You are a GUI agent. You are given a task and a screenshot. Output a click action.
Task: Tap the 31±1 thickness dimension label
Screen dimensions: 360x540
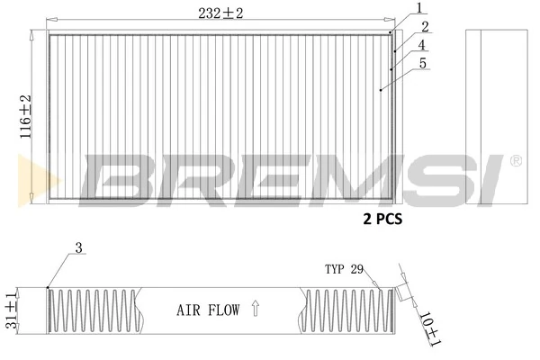pos(12,310)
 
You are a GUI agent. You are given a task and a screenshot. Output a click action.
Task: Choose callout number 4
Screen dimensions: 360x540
pos(422,45)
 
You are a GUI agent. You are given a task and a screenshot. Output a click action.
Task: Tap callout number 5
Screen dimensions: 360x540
pos(422,63)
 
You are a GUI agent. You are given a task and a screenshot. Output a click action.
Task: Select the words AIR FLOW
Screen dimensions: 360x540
pos(208,311)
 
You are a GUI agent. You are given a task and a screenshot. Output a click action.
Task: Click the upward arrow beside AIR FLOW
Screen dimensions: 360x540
pos(255,310)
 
